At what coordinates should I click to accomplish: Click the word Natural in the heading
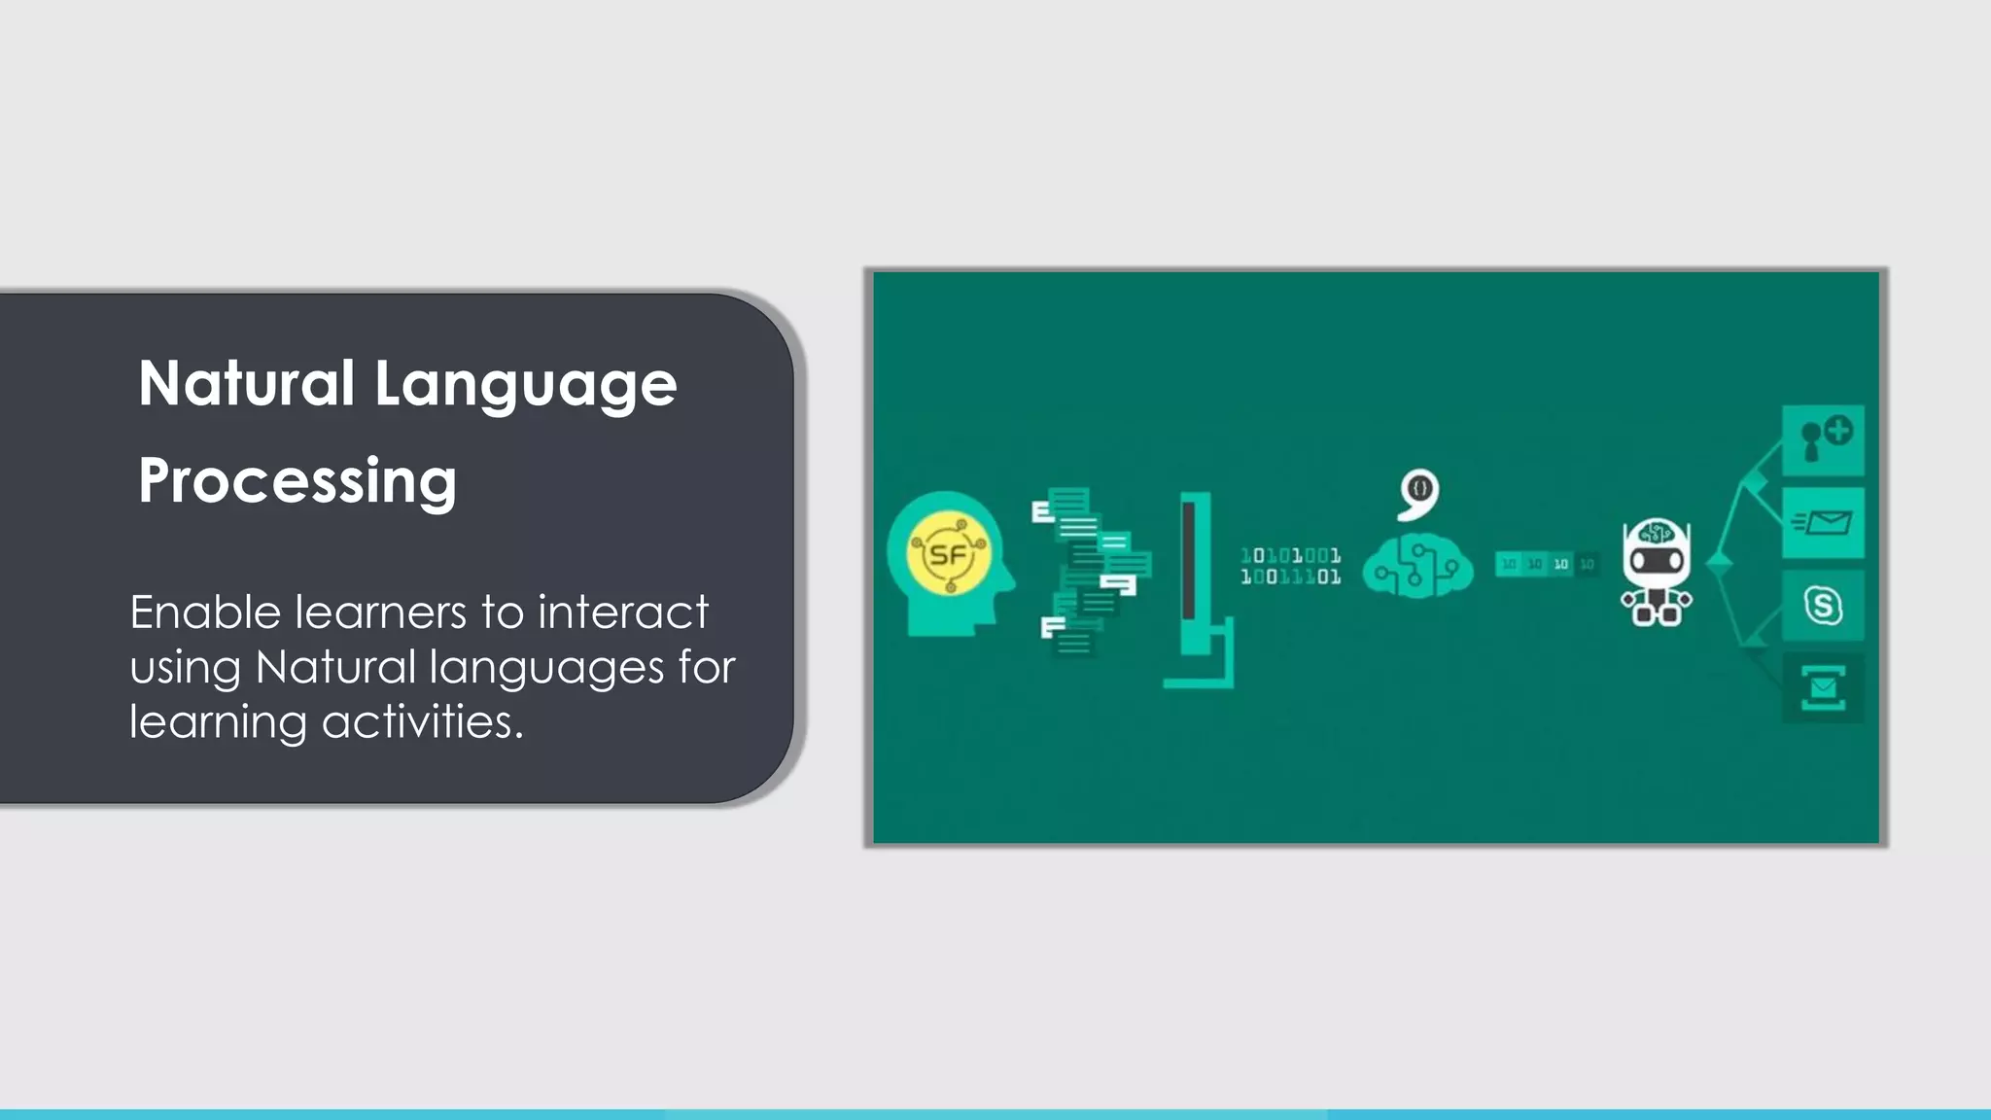(246, 383)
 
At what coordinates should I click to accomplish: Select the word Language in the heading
(525, 385)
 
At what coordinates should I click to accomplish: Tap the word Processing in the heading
(297, 480)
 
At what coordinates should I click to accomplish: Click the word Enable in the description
(205, 612)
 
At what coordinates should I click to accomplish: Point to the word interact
(623, 612)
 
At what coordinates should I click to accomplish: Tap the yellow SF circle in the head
(949, 554)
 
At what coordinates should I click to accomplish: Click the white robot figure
(1656, 573)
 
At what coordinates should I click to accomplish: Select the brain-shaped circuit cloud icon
(1416, 567)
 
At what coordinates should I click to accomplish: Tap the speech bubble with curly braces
(1418, 493)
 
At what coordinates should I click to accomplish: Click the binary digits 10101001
(1290, 555)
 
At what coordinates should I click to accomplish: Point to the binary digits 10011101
(1290, 577)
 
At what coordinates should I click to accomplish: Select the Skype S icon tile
(1823, 606)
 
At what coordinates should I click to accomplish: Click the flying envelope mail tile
(1823, 523)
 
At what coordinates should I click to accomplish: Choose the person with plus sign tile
(1823, 440)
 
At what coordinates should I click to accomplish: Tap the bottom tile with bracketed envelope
(1823, 688)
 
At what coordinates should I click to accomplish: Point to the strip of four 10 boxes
(1546, 564)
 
